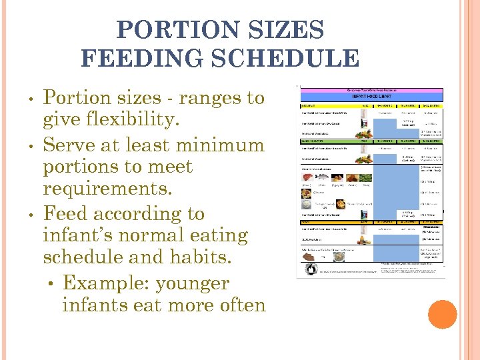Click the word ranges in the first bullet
click(194, 98)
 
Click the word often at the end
click(237, 305)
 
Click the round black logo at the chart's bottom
click(310, 269)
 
